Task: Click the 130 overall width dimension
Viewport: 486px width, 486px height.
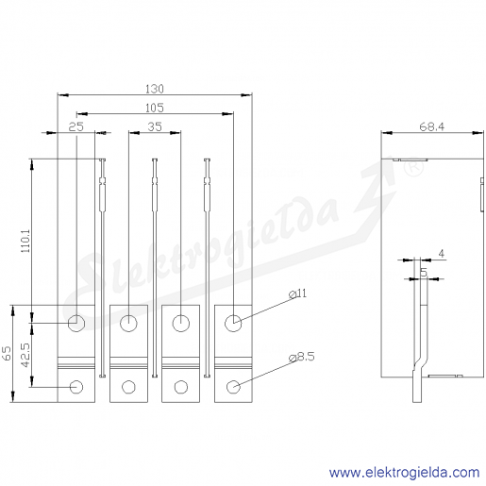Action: pyautogui.click(x=155, y=89)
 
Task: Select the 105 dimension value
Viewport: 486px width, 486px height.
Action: pyautogui.click(x=155, y=108)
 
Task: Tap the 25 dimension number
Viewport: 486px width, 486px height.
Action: pyautogui.click(x=76, y=126)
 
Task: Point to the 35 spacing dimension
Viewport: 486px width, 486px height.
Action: pyautogui.click(x=155, y=126)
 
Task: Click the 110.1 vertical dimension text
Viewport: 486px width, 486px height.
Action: pyautogui.click(x=25, y=241)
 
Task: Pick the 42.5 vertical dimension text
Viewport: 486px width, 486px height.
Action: pyautogui.click(x=25, y=355)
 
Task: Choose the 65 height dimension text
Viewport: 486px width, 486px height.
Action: pyautogui.click(x=7, y=353)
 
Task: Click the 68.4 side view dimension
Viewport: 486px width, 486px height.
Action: pyautogui.click(x=432, y=126)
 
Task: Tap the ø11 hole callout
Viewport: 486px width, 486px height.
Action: pyautogui.click(x=297, y=293)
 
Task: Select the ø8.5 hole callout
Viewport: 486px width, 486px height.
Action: pyautogui.click(x=302, y=357)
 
